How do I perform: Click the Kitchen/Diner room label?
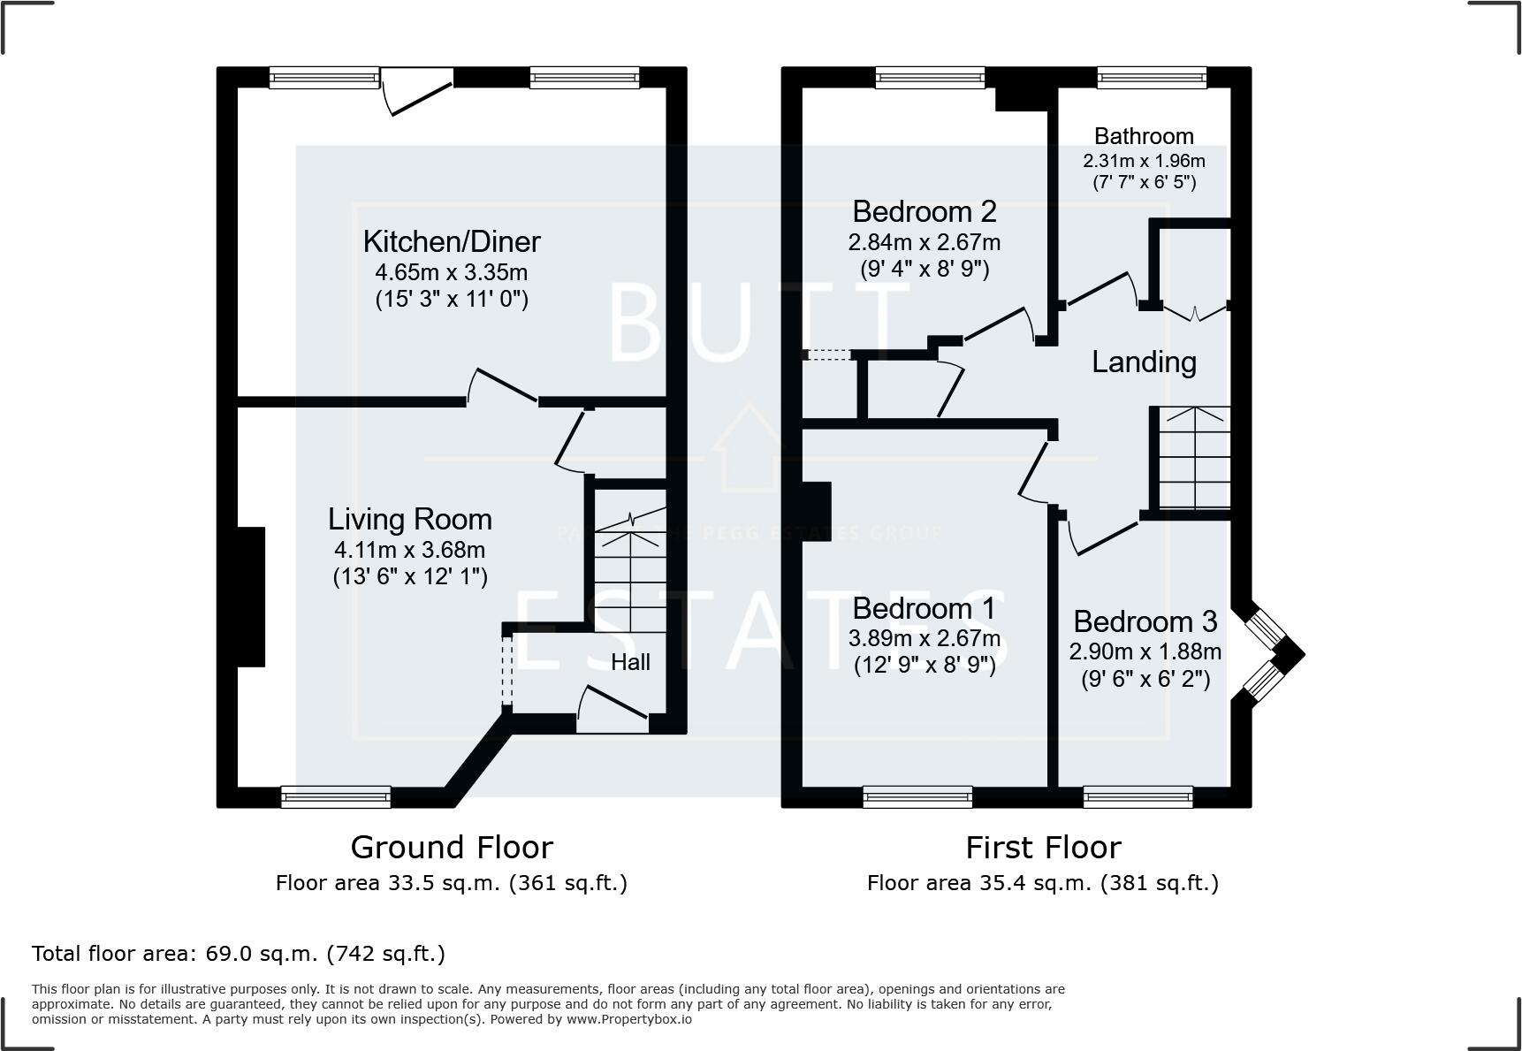[452, 241]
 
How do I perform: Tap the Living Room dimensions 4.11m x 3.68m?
[409, 550]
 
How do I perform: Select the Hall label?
[630, 662]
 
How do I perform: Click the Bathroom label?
[1144, 136]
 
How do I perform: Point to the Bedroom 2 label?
[924, 211]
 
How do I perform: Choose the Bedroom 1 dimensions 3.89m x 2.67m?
[924, 638]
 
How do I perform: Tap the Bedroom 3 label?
[1145, 621]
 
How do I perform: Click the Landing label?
[1144, 362]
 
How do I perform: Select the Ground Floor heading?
[452, 847]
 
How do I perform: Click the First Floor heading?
[1043, 847]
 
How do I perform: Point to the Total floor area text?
[239, 954]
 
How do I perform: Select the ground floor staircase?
[629, 566]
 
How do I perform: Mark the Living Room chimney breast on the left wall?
[251, 597]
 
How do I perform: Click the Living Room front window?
[336, 797]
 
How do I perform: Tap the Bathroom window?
[1151, 78]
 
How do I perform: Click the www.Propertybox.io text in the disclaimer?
[629, 1019]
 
